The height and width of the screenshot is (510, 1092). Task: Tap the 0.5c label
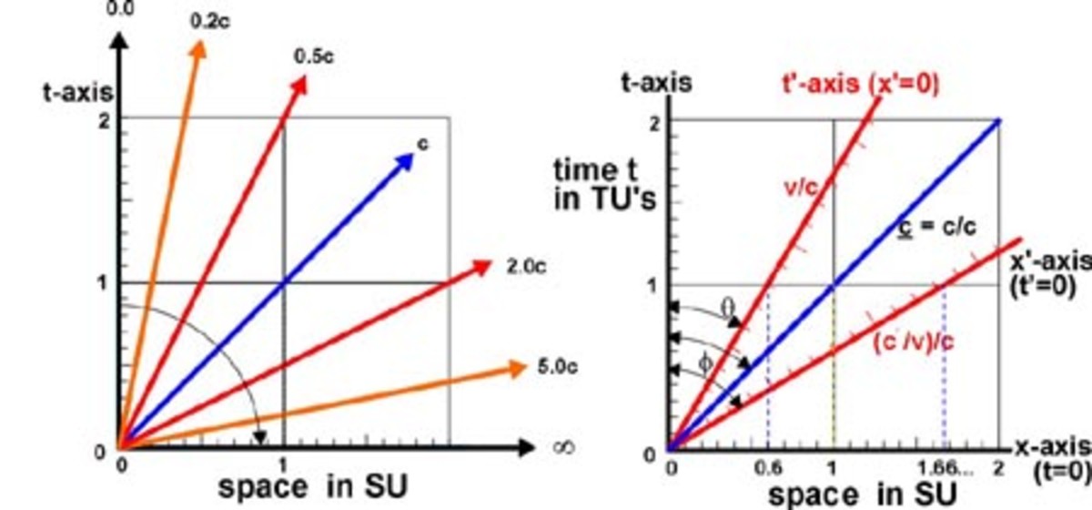click(x=313, y=56)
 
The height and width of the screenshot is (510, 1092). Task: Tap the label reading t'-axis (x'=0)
click(x=861, y=85)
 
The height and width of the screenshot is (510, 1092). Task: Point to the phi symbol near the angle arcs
click(x=703, y=362)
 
